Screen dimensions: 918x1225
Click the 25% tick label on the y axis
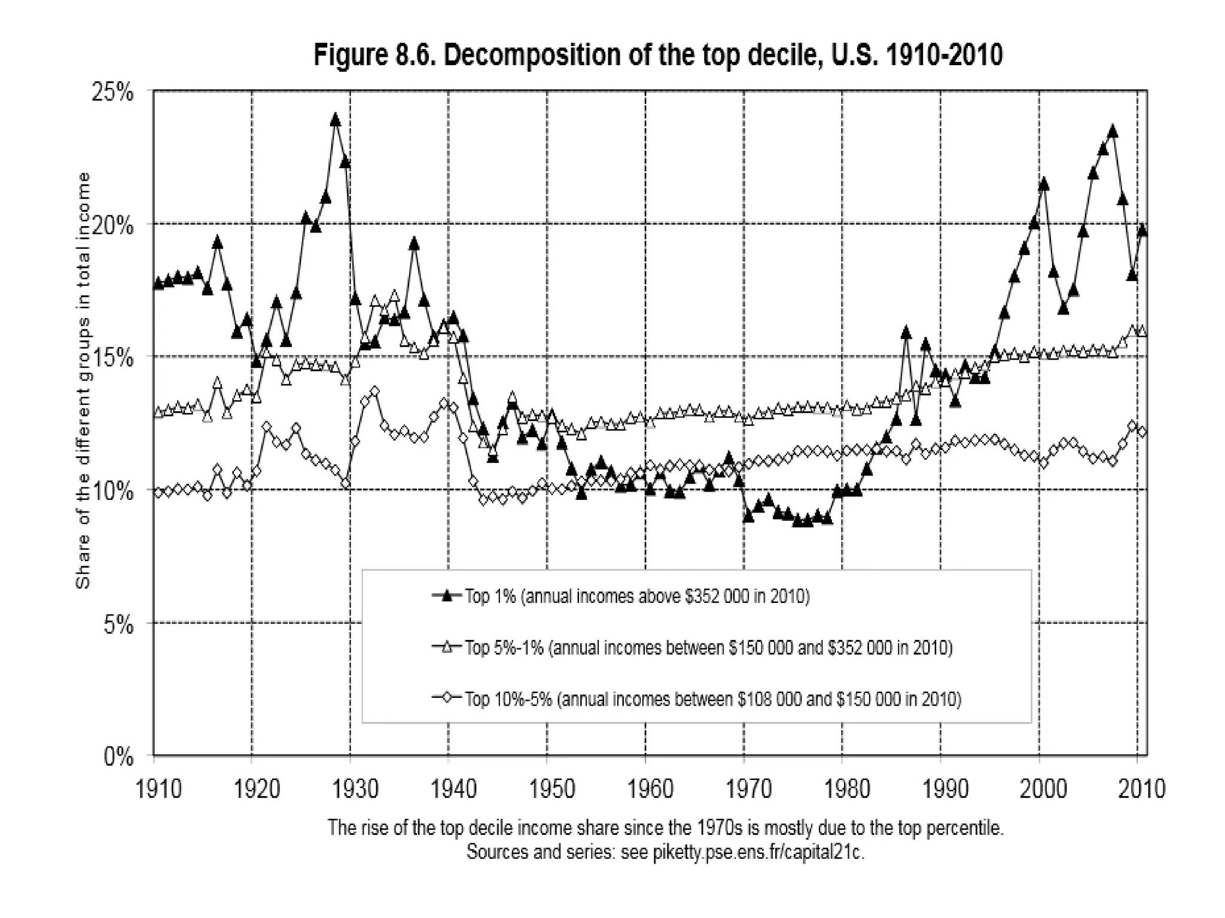point(112,93)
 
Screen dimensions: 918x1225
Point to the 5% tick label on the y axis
point(118,625)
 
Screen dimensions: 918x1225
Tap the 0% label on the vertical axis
point(118,757)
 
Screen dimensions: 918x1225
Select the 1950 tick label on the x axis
point(552,789)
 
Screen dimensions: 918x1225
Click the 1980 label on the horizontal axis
point(847,789)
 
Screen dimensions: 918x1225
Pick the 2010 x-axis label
point(1141,789)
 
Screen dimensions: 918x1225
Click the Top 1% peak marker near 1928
point(335,120)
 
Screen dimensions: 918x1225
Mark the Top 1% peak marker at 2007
point(1113,131)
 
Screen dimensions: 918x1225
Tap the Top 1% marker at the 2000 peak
point(1044,184)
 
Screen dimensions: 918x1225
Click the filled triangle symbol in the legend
point(446,596)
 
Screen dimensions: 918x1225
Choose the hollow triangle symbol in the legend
point(446,647)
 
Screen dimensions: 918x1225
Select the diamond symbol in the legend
point(446,698)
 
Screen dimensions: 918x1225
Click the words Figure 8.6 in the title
point(375,55)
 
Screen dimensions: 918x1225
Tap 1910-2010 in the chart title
point(943,55)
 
